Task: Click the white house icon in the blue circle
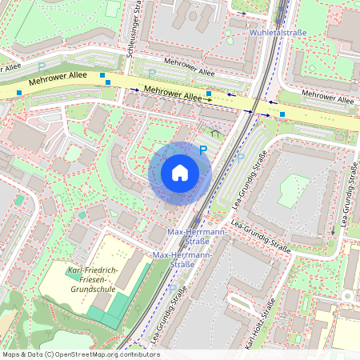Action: click(x=180, y=173)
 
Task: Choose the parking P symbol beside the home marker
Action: click(x=203, y=150)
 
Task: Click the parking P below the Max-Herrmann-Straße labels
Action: click(x=172, y=288)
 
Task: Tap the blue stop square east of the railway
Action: click(x=282, y=114)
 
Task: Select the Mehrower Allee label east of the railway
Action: click(x=327, y=100)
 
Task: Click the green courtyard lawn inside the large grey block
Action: click(x=292, y=190)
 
